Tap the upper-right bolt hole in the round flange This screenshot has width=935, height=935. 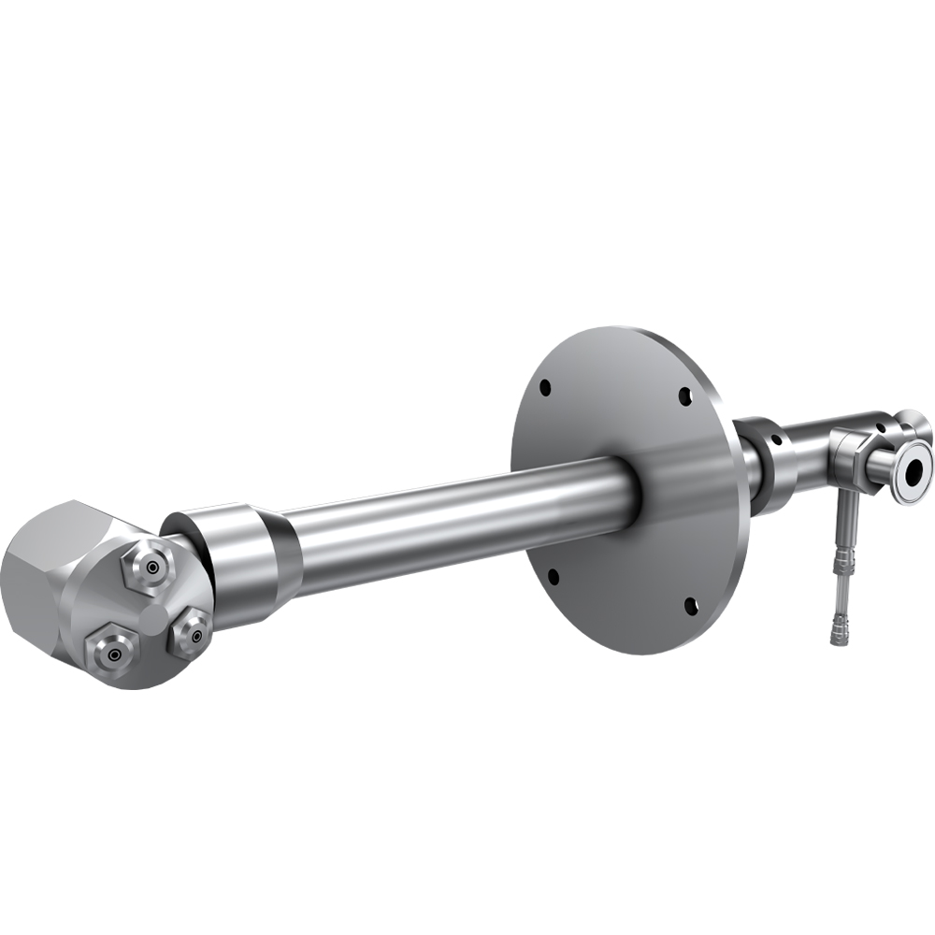684,396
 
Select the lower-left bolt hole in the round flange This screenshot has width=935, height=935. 553,575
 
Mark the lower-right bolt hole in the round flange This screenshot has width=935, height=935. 691,606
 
